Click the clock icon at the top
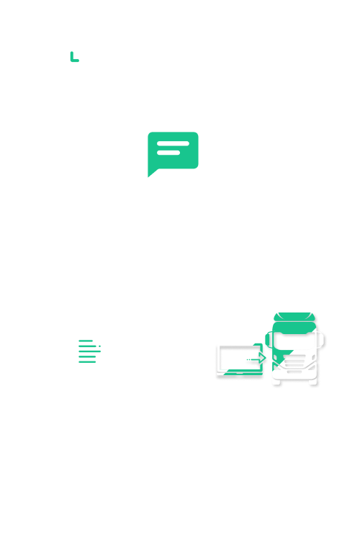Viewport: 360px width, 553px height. pyautogui.click(x=71, y=60)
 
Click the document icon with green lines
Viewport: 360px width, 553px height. pyautogui.click(x=89, y=349)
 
